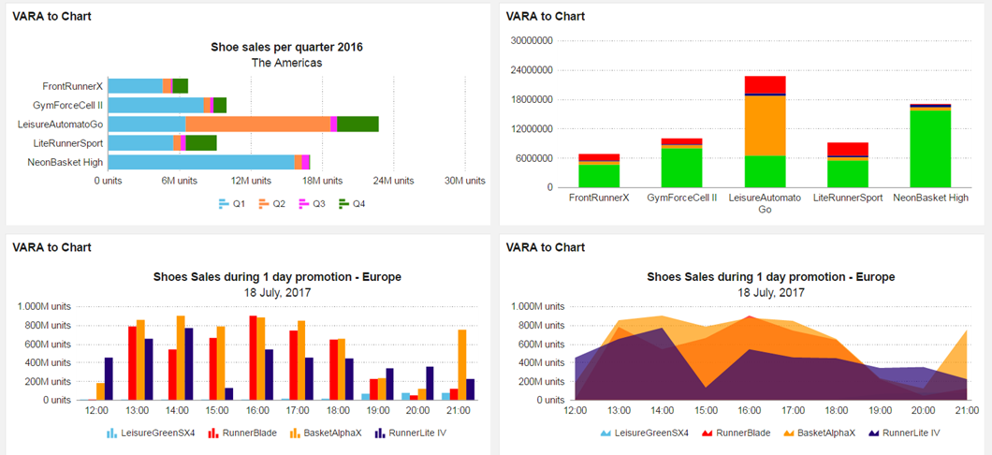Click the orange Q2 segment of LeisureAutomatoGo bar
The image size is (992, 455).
(257, 124)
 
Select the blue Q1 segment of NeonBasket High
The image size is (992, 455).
(201, 162)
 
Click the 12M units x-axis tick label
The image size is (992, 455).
(252, 181)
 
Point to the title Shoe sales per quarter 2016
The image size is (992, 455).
(286, 47)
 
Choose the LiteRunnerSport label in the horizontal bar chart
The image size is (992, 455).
(67, 143)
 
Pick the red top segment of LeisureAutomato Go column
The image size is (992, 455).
(765, 84)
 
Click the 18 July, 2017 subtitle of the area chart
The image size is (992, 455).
(771, 292)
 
